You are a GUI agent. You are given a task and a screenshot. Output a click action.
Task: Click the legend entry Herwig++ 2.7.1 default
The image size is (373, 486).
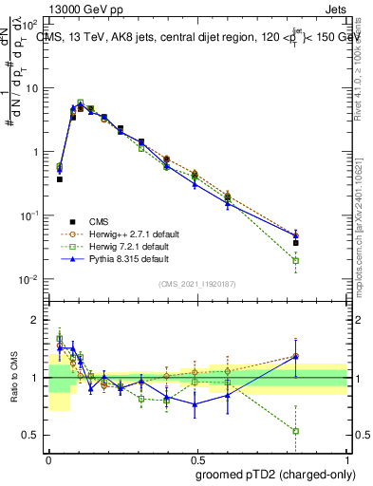click(x=120, y=231)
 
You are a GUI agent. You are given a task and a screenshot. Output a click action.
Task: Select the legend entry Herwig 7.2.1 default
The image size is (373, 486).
click(x=118, y=244)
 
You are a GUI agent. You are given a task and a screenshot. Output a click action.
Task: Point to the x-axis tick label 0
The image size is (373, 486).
click(x=49, y=457)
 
